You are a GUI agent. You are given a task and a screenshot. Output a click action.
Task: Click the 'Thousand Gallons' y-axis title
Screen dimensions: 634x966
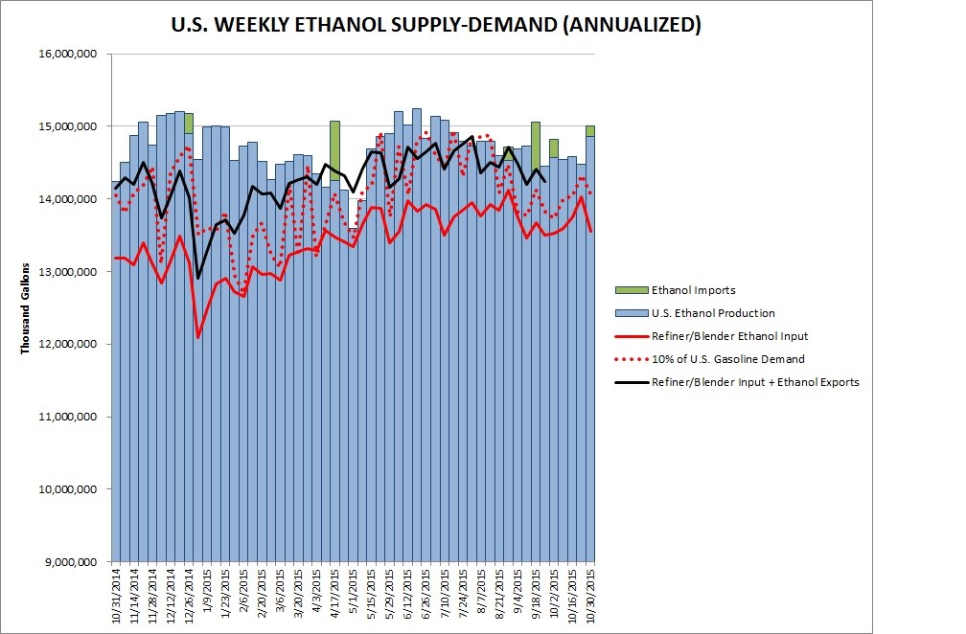(26, 306)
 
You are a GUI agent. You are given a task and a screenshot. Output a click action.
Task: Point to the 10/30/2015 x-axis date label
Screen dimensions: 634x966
(590, 596)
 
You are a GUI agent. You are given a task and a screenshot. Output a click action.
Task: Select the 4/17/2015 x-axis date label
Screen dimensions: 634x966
(335, 595)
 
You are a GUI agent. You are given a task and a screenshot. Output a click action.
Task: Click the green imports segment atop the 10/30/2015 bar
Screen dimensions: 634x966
(590, 131)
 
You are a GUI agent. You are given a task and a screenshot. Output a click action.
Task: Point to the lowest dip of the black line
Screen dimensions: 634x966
(198, 278)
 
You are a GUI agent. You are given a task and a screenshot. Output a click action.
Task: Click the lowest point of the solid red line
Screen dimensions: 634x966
(198, 337)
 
